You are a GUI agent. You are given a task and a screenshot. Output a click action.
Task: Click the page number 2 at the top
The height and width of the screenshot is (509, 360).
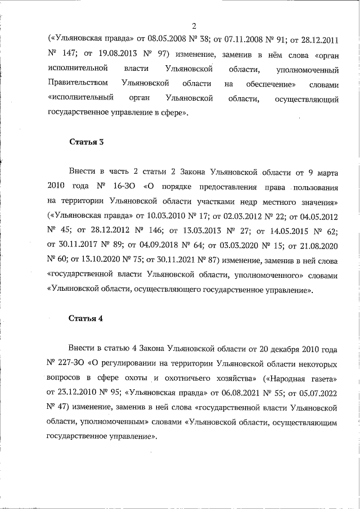194,26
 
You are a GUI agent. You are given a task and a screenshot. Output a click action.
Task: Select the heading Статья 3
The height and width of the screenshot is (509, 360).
86,142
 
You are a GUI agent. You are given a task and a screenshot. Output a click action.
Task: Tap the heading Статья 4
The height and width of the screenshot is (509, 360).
86,318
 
